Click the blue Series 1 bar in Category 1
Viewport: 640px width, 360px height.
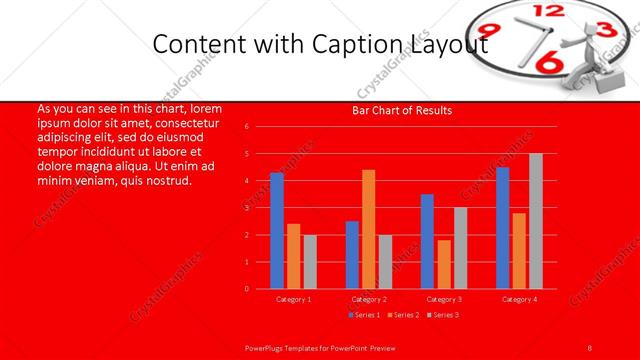coord(276,231)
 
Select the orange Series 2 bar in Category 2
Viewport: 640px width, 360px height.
coord(368,229)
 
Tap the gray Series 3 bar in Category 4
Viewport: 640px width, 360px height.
coord(536,221)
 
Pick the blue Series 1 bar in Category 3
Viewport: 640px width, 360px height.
coord(427,241)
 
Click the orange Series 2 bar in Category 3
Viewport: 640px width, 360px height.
coord(444,264)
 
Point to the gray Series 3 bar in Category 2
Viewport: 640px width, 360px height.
coord(385,262)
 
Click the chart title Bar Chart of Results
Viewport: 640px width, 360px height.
coord(403,110)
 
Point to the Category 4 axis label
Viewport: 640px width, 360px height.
coord(518,299)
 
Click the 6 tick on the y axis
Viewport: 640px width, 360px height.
coord(247,127)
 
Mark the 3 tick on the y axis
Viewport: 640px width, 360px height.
coord(247,208)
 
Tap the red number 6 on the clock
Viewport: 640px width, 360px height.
coord(549,62)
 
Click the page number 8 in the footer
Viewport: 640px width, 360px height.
coord(590,348)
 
